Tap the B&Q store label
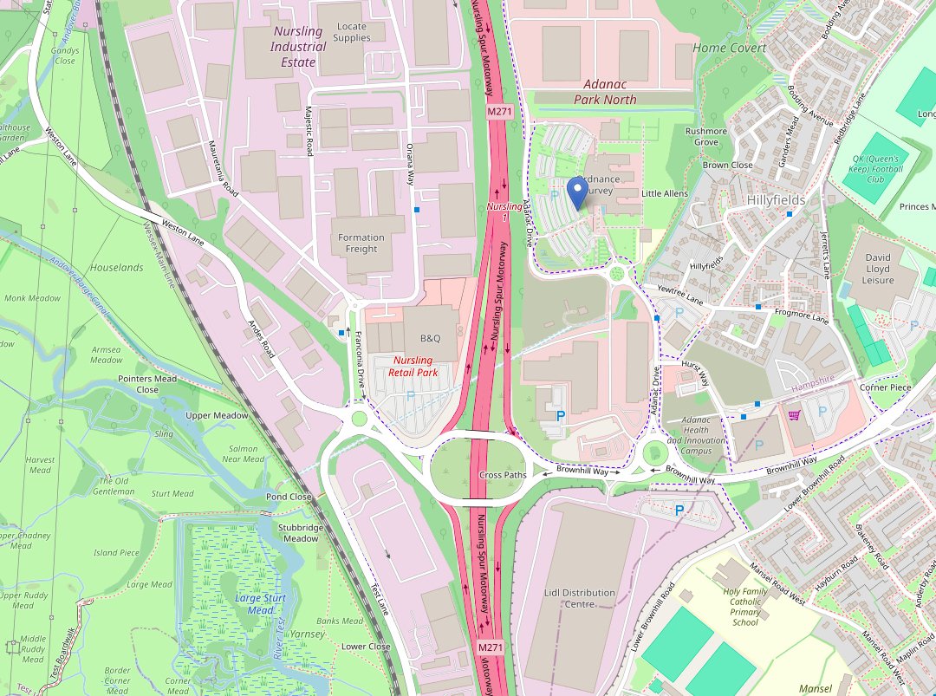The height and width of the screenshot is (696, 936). (x=431, y=338)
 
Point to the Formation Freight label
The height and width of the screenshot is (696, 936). (x=361, y=243)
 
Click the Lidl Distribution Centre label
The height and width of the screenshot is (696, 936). (x=580, y=598)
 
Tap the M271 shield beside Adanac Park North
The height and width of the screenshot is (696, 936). (x=499, y=112)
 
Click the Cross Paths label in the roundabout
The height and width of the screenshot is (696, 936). (x=503, y=475)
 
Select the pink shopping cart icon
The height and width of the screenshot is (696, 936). (x=794, y=415)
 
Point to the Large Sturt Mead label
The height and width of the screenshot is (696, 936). (x=260, y=604)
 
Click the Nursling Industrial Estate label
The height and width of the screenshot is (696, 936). (x=298, y=47)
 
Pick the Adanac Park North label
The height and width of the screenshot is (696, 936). (x=605, y=92)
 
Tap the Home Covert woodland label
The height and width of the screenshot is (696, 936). (x=729, y=48)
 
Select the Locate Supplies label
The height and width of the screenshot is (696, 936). (x=352, y=33)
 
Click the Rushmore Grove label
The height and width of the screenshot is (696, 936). (x=706, y=136)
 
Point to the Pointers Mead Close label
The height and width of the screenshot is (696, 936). (x=147, y=384)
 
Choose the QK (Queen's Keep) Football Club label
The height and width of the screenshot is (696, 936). (x=879, y=168)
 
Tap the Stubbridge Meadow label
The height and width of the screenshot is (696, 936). (x=301, y=532)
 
